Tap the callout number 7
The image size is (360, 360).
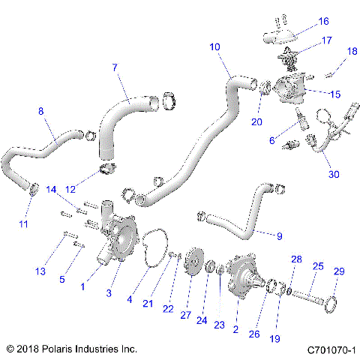point(115,68)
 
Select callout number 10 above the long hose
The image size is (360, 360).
point(214,47)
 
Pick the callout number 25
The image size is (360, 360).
point(317,266)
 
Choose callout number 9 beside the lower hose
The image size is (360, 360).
point(279,236)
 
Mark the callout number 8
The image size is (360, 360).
point(41,111)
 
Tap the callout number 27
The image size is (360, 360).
point(184,293)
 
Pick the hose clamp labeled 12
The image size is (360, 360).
point(109,167)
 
